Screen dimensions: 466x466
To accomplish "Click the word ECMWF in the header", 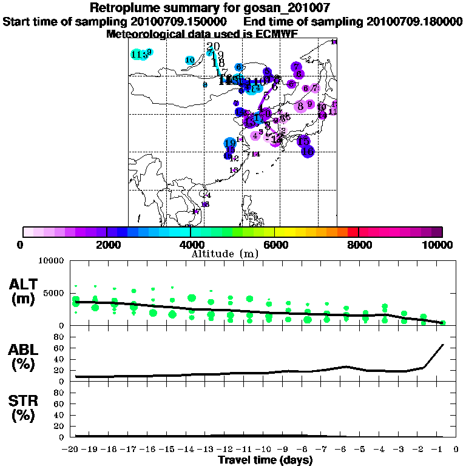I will [x=277, y=34].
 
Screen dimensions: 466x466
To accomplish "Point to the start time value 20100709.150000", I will [x=180, y=22].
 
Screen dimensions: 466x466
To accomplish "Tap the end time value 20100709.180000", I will [x=414, y=22].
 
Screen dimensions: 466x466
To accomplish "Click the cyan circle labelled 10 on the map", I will [x=189, y=60].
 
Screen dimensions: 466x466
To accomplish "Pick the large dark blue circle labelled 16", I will [x=308, y=151].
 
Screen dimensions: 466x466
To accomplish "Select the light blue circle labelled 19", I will [x=230, y=144].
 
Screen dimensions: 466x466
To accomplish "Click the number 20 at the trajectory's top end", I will [x=213, y=47].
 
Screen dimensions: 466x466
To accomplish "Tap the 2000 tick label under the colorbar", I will [x=106, y=245].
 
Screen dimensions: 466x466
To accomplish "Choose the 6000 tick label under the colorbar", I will [x=275, y=245].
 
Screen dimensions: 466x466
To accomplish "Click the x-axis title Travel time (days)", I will [x=265, y=461].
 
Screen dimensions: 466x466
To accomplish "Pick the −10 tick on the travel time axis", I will [x=265, y=450].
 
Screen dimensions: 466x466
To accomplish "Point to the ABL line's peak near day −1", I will [x=444, y=344].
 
